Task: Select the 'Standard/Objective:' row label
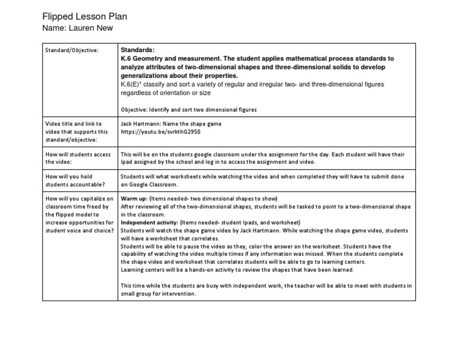(x=72, y=50)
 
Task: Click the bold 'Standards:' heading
(x=138, y=50)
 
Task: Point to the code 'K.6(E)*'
(x=133, y=84)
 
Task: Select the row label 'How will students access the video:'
(x=78, y=158)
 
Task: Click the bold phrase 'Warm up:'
(x=134, y=199)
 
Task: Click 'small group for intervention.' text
(x=158, y=293)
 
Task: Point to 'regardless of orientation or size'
(x=165, y=93)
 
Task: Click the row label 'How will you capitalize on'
(x=79, y=199)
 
